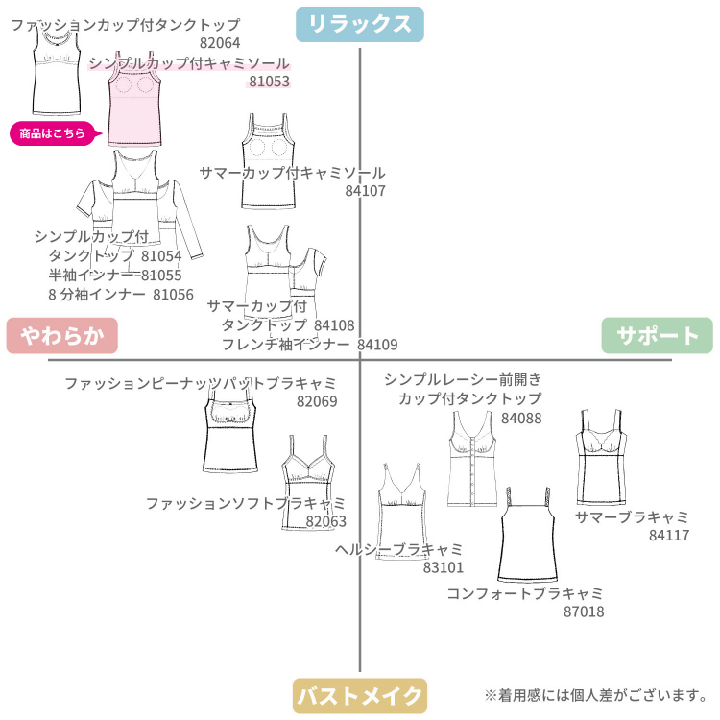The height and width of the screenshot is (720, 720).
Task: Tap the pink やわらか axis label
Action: [x=61, y=335]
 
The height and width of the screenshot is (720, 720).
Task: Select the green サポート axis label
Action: [x=658, y=335]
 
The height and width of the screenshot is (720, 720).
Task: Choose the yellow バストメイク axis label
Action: [x=359, y=695]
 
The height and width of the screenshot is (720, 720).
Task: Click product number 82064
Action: [x=220, y=43]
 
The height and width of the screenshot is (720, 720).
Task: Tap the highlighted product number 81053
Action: [x=269, y=83]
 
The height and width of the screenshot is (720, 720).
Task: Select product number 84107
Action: [x=365, y=191]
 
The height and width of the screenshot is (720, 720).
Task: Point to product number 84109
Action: [x=377, y=345]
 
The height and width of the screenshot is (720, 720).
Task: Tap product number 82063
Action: [x=326, y=521]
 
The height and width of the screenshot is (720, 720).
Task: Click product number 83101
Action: [x=444, y=567]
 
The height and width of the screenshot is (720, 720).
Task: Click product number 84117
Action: [x=669, y=536]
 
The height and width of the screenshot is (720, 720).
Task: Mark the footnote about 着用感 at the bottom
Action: [x=595, y=695]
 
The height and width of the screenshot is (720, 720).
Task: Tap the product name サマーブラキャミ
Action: [x=632, y=517]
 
